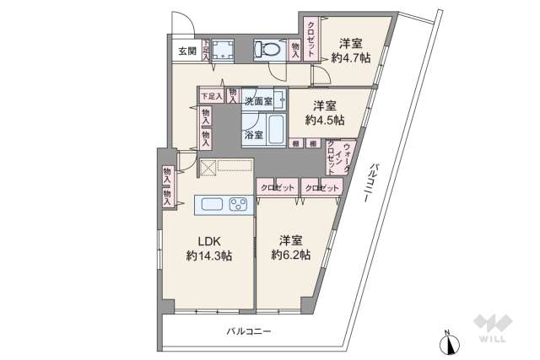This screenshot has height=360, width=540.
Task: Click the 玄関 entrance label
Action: (187, 51)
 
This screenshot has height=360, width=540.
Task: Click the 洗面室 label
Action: (258, 101)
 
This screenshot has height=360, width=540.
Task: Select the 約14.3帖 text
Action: (209, 256)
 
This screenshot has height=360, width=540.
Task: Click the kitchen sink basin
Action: (210, 204)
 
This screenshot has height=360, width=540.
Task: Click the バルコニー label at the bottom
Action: (249, 332)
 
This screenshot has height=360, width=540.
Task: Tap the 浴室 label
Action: (253, 135)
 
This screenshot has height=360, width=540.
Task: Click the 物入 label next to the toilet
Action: (295, 50)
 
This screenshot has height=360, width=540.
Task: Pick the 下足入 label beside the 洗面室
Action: (211, 96)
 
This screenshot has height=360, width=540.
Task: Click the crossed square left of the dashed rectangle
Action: (208, 167)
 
